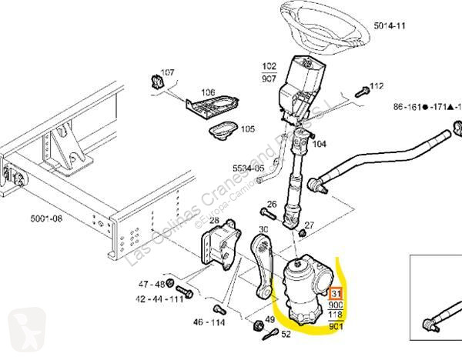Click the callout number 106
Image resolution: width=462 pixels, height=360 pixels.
click(x=208, y=92)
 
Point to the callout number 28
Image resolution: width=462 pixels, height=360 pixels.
click(x=215, y=221)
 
